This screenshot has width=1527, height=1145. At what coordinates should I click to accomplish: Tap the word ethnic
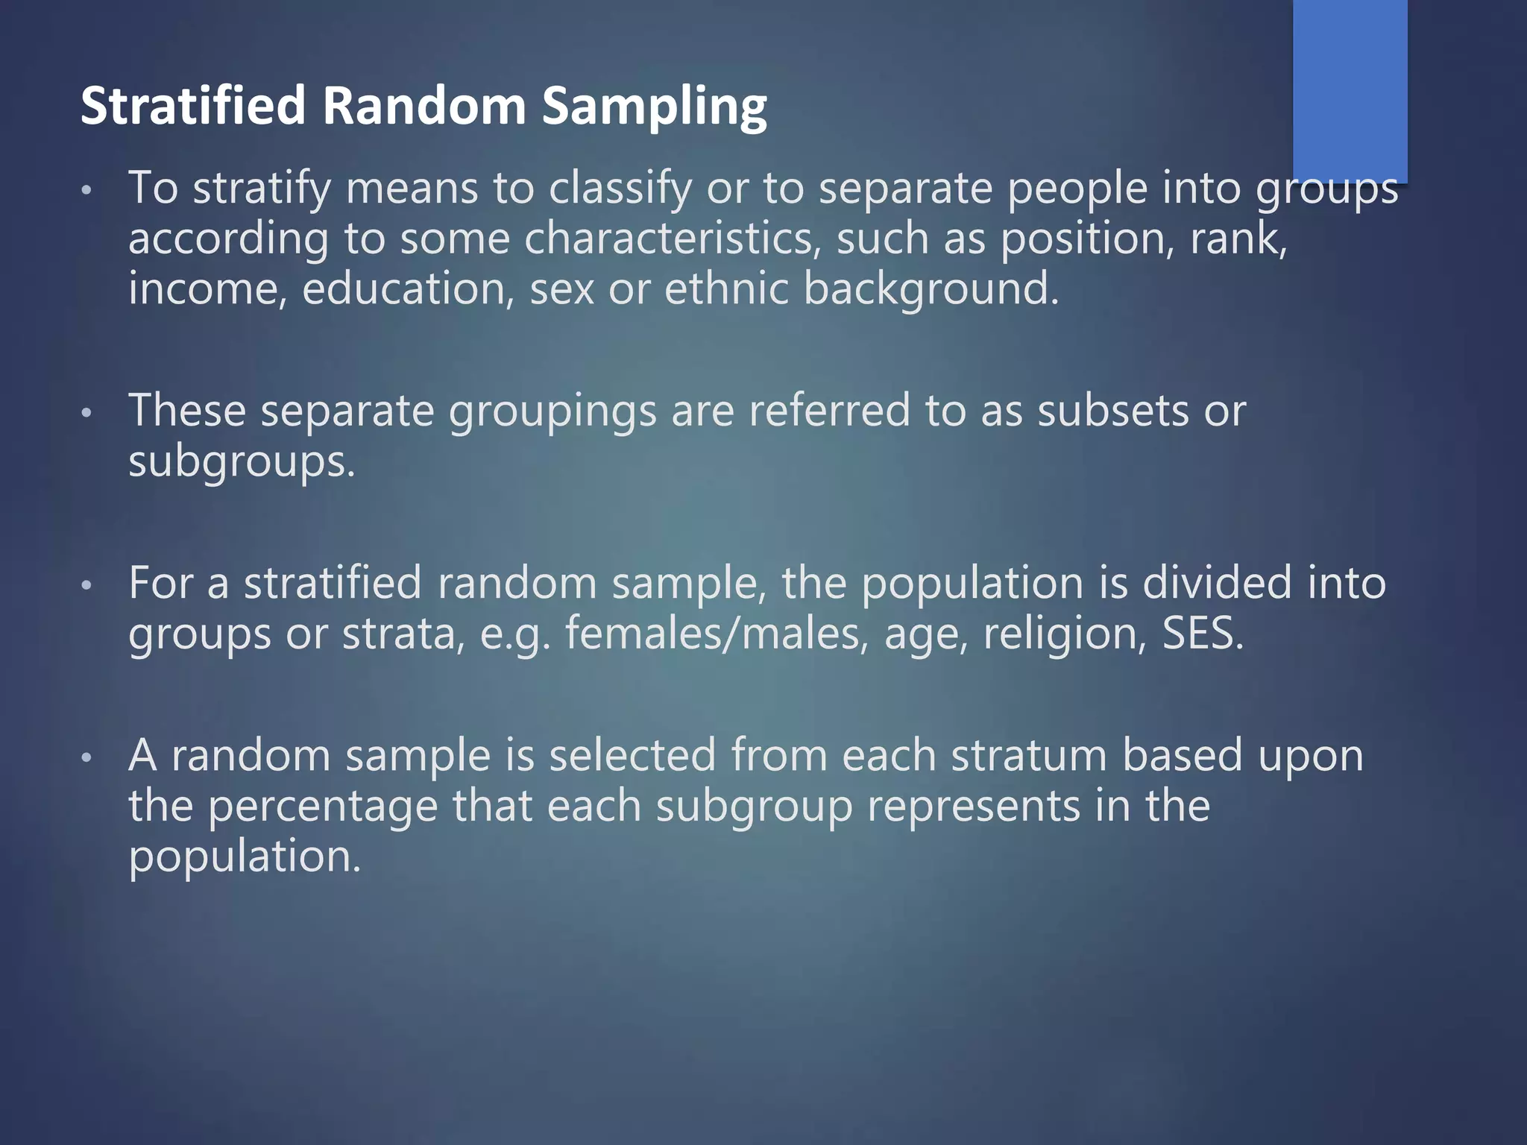click(x=726, y=289)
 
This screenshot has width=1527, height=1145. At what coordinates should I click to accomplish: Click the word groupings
click(x=552, y=411)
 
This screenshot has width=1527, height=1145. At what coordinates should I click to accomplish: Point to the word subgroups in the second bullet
click(x=242, y=462)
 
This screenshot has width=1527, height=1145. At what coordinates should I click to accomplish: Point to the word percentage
click(x=322, y=807)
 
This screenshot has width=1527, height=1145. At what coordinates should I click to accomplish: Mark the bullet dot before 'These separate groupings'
click(x=86, y=412)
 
